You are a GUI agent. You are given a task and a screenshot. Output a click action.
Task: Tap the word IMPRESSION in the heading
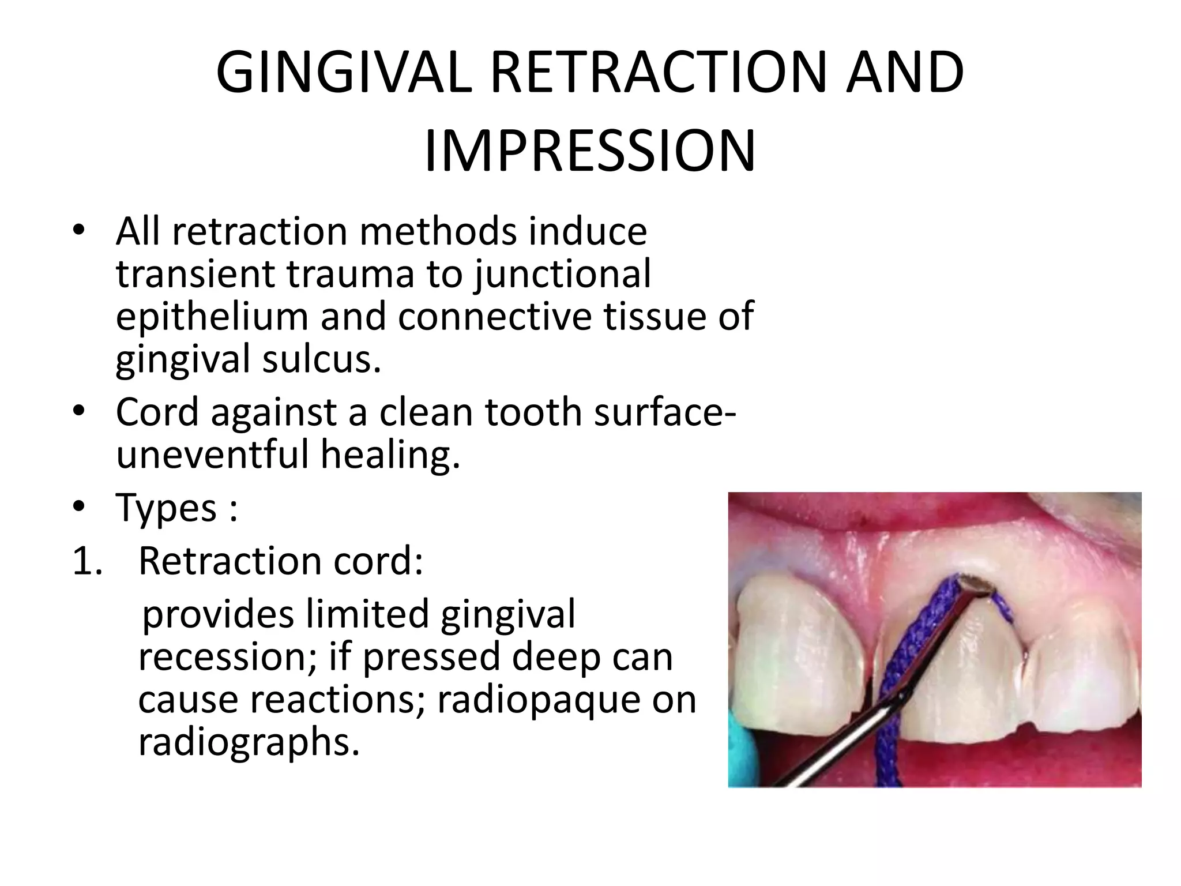[589, 152]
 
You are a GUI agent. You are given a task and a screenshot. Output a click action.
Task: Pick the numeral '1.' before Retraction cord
[88, 561]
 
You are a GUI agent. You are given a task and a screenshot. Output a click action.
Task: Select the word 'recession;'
[228, 656]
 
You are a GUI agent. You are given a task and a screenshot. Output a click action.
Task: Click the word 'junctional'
[563, 273]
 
